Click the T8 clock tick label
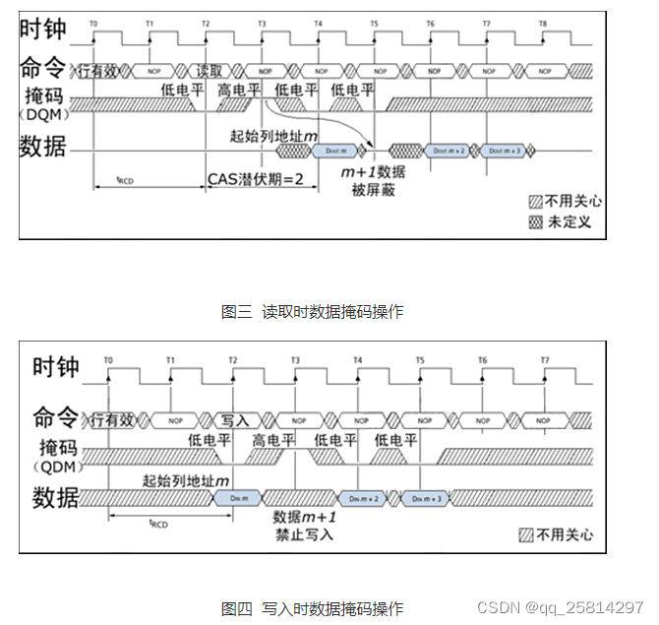(543, 22)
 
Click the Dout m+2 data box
(448, 151)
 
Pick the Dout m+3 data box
(503, 151)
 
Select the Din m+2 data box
(366, 498)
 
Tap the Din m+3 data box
(428, 498)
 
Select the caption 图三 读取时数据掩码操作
(312, 312)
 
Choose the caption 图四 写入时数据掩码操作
(312, 609)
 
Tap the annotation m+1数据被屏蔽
(373, 181)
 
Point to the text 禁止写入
(305, 534)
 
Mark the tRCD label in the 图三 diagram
(126, 179)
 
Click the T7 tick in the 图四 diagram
(545, 361)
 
